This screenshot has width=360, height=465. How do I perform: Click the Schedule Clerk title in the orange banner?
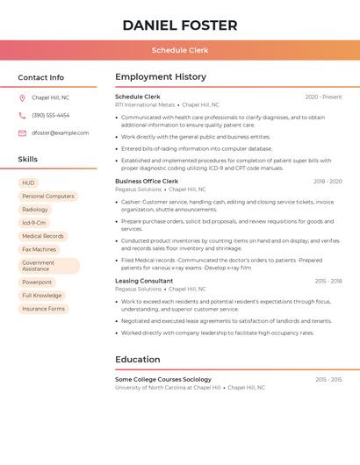point(180,51)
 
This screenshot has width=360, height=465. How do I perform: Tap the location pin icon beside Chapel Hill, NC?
point(22,98)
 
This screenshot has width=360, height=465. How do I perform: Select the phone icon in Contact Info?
point(22,116)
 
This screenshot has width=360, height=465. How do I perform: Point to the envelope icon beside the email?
point(22,133)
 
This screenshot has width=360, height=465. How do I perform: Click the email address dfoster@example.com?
point(60,133)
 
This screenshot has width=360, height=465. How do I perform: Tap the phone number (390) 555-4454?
point(51,116)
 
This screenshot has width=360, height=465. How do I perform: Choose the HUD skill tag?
point(29,183)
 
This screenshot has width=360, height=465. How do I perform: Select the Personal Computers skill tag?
point(48,197)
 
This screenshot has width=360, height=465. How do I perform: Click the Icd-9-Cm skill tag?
point(34,223)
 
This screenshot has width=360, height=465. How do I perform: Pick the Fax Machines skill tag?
point(39,249)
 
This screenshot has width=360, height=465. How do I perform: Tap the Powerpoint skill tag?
point(37,283)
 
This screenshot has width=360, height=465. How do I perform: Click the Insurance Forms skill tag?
point(44,309)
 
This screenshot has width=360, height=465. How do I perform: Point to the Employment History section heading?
point(161,77)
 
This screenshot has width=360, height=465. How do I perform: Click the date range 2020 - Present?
point(323,97)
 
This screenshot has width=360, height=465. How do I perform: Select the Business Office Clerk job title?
point(147,182)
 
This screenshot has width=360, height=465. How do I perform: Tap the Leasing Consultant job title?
point(144,281)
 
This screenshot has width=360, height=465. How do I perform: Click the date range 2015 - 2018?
point(328,282)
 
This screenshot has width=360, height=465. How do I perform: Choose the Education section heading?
point(138,360)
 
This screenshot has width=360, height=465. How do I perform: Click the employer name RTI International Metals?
point(145,104)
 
